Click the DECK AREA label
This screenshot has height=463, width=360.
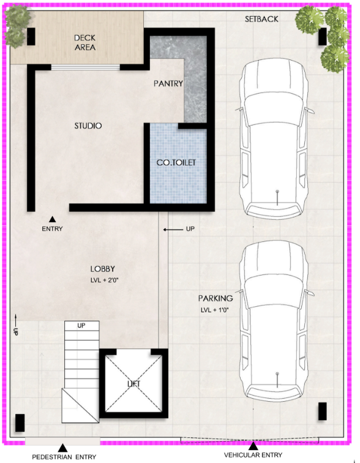pyautogui.click(x=85, y=42)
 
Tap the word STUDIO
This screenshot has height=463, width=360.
pyautogui.click(x=88, y=126)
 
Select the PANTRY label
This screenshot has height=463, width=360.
pyautogui.click(x=168, y=83)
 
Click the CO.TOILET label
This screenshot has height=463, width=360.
pyautogui.click(x=176, y=162)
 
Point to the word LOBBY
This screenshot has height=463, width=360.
pyautogui.click(x=102, y=269)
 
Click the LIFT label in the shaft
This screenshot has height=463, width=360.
pyautogui.click(x=133, y=384)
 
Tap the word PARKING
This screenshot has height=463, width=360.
pyautogui.click(x=216, y=298)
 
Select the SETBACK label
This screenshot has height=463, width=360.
pyautogui.click(x=261, y=19)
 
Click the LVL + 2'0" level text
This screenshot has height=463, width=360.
pyautogui.click(x=104, y=280)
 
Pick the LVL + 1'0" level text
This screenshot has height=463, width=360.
pyautogui.click(x=215, y=310)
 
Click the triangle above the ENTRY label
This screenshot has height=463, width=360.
pyautogui.click(x=52, y=219)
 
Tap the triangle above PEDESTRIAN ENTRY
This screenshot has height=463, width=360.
pyautogui.click(x=62, y=448)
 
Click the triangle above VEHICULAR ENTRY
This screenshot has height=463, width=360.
pyautogui.click(x=253, y=446)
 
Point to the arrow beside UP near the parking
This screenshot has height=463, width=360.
pyautogui.click(x=173, y=230)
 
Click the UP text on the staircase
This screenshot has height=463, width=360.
pyautogui.click(x=81, y=325)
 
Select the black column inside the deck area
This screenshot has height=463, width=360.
pyautogui.click(x=31, y=37)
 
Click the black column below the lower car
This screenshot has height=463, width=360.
pyautogui.click(x=323, y=411)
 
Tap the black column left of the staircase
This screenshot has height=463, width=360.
pyautogui.click(x=20, y=423)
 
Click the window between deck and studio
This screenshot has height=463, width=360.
pyautogui.click(x=86, y=67)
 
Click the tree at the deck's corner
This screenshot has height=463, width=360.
pyautogui.click(x=17, y=26)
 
